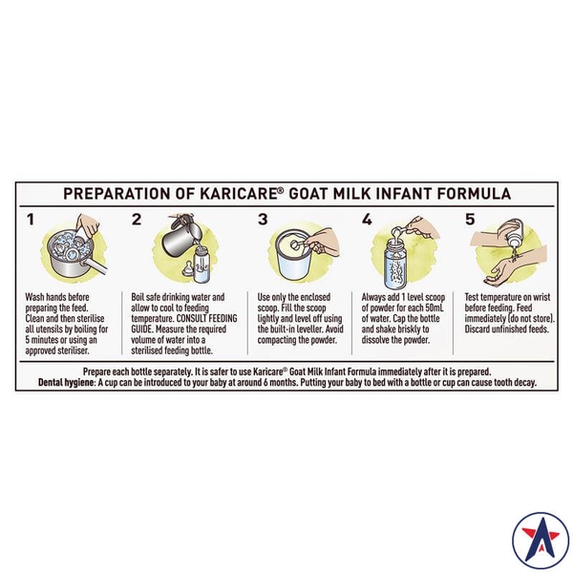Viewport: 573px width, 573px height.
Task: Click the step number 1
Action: tap(31, 220)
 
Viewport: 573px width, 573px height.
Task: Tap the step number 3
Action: tap(263, 220)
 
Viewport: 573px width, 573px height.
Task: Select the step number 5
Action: tap(470, 220)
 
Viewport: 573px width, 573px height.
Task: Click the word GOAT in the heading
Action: tap(308, 193)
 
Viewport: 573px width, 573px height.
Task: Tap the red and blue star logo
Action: tap(541, 541)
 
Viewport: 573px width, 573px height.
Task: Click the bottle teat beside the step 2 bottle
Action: tap(188, 268)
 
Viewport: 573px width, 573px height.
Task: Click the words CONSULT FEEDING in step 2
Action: tap(206, 318)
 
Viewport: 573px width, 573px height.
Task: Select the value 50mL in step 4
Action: tap(435, 308)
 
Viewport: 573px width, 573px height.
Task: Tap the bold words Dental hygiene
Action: tap(67, 383)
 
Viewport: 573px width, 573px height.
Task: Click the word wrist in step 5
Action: tap(541, 297)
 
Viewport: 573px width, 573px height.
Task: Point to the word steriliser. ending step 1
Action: tap(74, 350)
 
